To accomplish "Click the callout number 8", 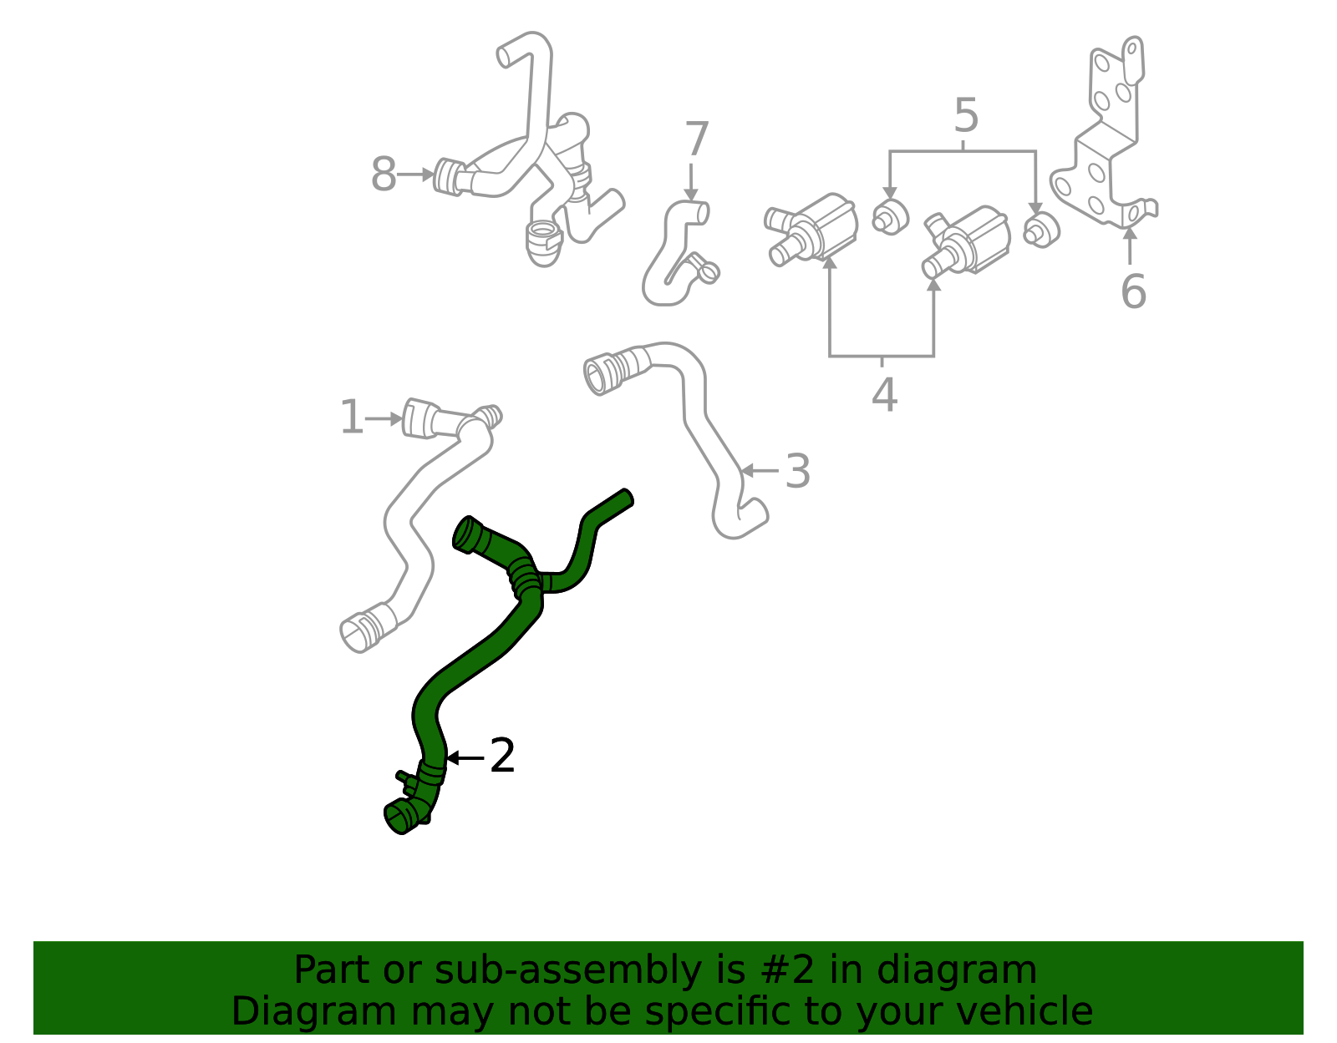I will [384, 176].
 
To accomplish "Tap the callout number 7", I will [696, 139].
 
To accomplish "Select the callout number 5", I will [965, 116].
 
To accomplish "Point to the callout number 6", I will [1133, 292].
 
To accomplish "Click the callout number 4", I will [884, 395].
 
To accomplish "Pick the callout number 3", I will [798, 472].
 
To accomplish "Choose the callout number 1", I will [352, 418].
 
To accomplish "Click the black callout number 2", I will [501, 757].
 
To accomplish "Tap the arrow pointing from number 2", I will [465, 757].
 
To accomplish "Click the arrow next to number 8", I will [415, 175].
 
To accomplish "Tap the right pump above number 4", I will [967, 242].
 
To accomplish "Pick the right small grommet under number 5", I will [1040, 230].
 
